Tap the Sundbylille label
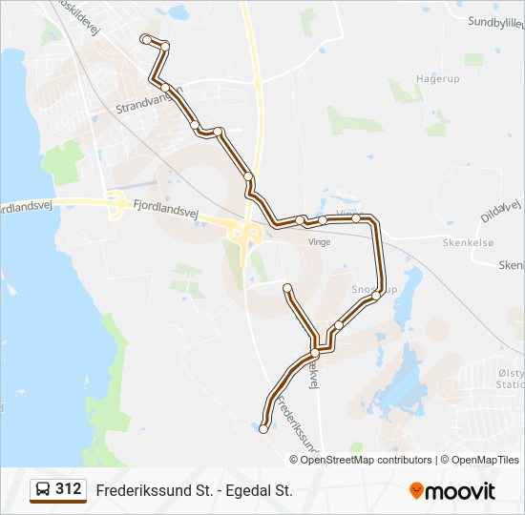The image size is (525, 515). click(495, 22)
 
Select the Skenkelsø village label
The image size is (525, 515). click(468, 242)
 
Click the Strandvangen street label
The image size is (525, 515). click(146, 98)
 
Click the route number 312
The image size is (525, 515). click(68, 489)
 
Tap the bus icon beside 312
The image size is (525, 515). click(43, 489)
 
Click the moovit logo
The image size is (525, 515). click(452, 490)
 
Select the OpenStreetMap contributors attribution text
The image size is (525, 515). click(367, 460)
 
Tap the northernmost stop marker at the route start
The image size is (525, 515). click(145, 39)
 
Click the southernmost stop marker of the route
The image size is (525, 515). click(263, 429)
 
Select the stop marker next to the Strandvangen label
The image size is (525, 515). click(166, 88)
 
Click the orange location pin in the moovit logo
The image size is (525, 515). click(416, 490)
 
